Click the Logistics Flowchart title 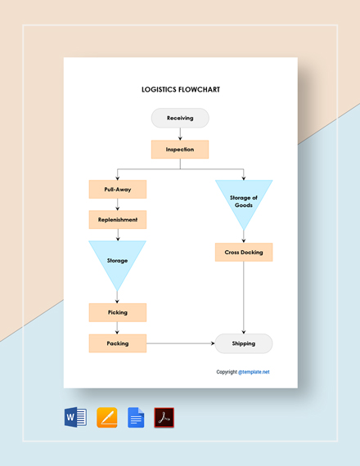[x=180, y=90]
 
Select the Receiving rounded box [x=180, y=118]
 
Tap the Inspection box [x=180, y=149]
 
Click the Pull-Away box [x=118, y=189]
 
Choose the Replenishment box [x=118, y=220]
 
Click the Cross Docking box [x=244, y=252]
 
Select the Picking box [x=118, y=312]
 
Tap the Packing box [x=118, y=343]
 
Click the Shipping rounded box [x=244, y=343]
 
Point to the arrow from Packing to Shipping [x=180, y=343]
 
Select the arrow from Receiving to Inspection [x=180, y=134]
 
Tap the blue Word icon [x=74, y=418]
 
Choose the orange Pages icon [x=106, y=418]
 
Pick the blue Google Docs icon [x=136, y=418]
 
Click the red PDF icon [x=164, y=418]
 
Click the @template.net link [x=254, y=372]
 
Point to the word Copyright [x=227, y=372]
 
